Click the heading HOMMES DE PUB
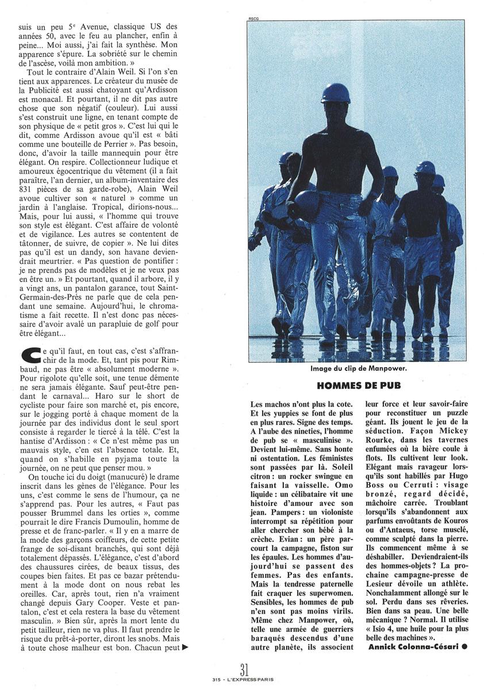[359, 385]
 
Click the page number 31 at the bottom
[244, 669]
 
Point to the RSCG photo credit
[253, 19]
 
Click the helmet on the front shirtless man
[336, 93]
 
